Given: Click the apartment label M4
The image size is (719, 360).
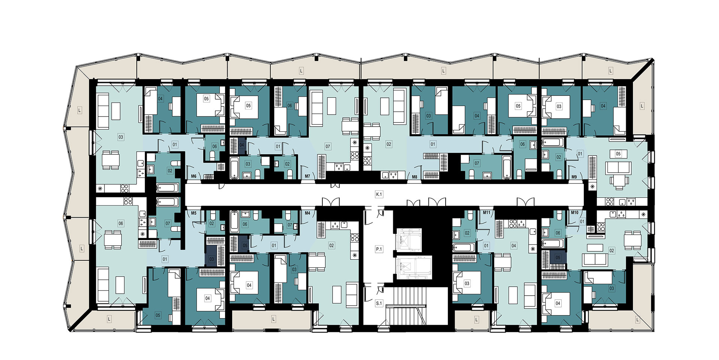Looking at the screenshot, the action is pos(307,213).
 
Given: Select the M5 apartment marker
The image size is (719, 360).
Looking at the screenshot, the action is pos(194,213).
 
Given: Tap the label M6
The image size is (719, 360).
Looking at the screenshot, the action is pos(194,176).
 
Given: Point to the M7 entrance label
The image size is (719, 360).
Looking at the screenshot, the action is pos(307,176).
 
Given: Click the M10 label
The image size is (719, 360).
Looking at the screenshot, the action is pos(575,212).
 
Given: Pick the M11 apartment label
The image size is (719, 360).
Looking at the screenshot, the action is pos(486,212).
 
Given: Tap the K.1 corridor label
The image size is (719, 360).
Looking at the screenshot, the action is pos(379,194).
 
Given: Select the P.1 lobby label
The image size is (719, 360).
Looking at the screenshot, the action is pos(379,249).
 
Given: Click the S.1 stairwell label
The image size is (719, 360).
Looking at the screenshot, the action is pos(379,303).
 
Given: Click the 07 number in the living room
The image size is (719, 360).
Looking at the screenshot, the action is pos(328,146).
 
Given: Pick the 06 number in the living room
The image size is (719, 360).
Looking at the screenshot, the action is pos(121,223).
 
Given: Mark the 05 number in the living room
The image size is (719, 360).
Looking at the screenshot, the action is pos(618,154).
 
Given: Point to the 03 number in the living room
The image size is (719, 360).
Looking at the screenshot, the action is pos(121,137).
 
